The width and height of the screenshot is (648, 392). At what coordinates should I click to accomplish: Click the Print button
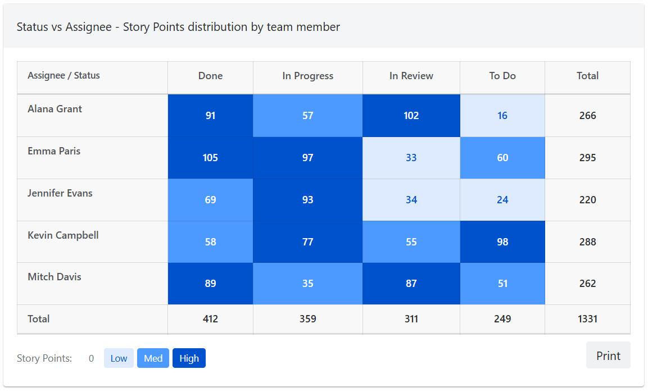(x=608, y=355)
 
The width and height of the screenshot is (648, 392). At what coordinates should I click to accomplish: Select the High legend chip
(x=189, y=358)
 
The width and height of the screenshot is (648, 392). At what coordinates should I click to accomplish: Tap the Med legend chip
(x=153, y=358)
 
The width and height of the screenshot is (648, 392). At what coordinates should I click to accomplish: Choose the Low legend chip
(x=119, y=358)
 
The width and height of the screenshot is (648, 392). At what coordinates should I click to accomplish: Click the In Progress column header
(x=307, y=76)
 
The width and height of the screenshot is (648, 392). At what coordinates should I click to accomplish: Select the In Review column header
(x=411, y=76)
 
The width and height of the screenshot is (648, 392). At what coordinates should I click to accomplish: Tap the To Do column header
(x=502, y=76)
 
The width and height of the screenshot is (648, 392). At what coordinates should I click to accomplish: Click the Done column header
(x=210, y=76)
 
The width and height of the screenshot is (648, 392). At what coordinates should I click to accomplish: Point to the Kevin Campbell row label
(x=63, y=235)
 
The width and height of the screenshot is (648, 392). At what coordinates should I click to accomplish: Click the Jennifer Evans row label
(x=60, y=193)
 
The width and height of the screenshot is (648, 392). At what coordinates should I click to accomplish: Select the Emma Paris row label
(x=54, y=151)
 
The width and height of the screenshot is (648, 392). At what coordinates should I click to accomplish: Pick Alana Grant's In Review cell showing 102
(x=411, y=116)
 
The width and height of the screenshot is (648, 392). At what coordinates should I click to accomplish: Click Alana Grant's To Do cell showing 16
(x=502, y=116)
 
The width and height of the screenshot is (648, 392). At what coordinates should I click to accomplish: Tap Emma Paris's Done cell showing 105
(x=210, y=158)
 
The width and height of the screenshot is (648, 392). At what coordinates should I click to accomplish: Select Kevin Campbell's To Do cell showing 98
(x=502, y=242)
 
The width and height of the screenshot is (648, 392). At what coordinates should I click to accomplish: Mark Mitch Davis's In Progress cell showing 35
(x=307, y=284)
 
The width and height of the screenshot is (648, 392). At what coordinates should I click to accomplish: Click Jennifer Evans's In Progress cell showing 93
(x=307, y=200)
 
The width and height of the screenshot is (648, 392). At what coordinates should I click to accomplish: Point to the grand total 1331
(x=587, y=319)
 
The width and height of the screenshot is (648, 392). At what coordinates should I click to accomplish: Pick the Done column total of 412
(x=210, y=319)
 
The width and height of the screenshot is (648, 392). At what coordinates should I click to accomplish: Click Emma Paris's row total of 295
(x=587, y=158)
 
